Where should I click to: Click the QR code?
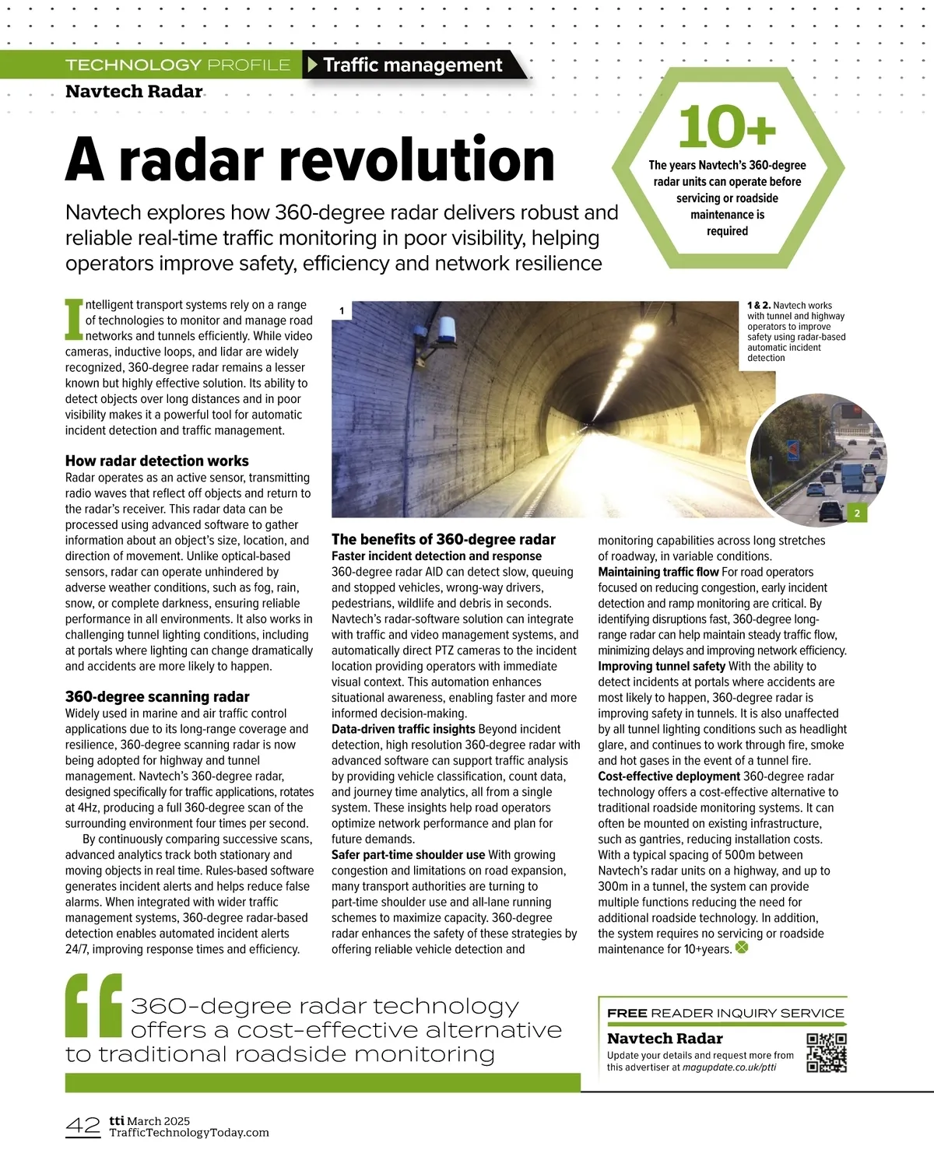827,1053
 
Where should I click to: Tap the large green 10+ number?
727,127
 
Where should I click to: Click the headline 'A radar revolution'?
310,159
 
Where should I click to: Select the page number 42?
83,1126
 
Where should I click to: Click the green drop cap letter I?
73,319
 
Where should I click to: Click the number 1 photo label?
342,311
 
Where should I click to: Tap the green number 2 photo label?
857,513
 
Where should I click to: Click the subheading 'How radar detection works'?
157,461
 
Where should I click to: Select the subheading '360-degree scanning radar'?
157,696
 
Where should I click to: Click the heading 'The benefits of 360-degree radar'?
444,539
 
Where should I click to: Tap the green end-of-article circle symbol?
742,948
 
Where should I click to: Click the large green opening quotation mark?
93,1005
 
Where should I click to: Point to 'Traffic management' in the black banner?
413,65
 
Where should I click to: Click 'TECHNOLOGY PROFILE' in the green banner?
178,65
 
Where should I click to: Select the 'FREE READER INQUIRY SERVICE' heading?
725,1013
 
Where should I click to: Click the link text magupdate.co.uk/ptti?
729,1067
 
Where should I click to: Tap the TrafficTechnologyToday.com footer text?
189,1133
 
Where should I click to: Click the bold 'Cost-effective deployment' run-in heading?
669,776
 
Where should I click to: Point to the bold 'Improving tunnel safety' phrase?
662,666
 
